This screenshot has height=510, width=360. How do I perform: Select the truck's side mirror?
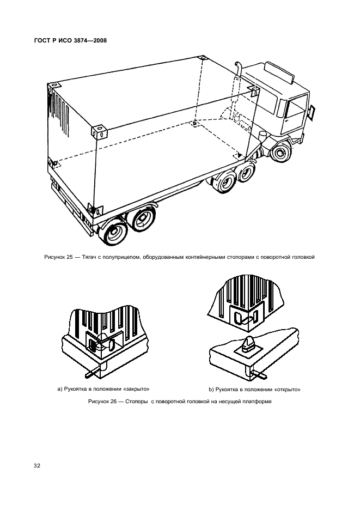(x=313, y=112)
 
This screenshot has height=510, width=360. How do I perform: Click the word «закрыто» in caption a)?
(x=134, y=388)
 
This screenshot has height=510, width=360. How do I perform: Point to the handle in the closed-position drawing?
(x=90, y=375)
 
